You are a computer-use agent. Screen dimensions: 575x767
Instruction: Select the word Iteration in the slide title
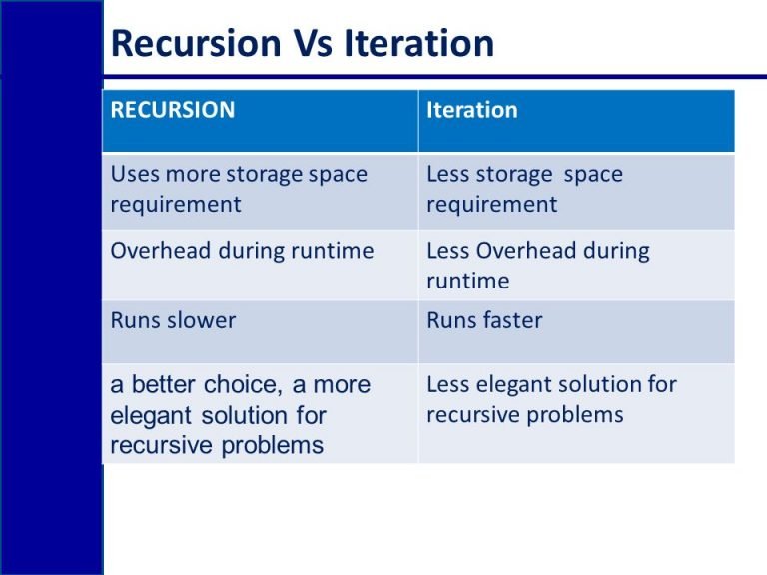[420, 44]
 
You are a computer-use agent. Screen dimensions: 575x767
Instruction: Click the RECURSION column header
[173, 110]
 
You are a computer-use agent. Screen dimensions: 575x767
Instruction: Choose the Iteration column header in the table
[472, 110]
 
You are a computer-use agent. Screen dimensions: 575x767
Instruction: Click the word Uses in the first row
[134, 174]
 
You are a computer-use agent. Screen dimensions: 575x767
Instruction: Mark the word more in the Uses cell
[193, 174]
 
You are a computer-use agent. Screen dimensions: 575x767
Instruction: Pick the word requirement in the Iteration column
[492, 205]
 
